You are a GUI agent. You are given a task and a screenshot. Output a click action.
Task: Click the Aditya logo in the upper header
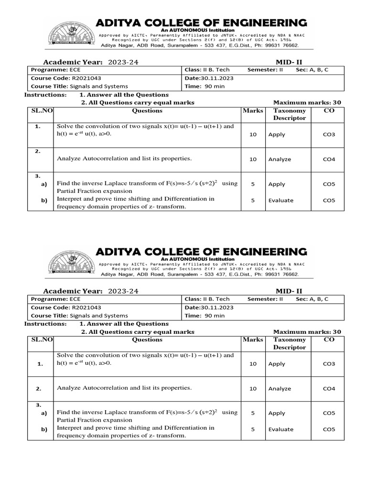70,33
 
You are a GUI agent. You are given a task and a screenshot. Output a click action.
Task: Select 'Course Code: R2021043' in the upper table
66,78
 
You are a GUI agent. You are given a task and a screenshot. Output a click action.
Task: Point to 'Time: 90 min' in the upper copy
205,86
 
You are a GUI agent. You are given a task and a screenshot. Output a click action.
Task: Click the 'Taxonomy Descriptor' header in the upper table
289,114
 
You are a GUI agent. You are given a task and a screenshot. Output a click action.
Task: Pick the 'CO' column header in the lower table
329,340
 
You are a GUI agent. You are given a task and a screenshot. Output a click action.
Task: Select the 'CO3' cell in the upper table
329,135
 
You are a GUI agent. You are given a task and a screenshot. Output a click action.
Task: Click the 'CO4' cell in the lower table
329,389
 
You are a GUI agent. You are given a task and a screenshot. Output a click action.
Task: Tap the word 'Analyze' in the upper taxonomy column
280,159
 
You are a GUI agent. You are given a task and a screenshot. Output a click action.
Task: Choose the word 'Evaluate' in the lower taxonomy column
281,429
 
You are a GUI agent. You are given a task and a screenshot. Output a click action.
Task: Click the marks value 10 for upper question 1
253,135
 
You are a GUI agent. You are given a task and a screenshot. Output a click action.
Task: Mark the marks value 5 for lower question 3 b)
253,429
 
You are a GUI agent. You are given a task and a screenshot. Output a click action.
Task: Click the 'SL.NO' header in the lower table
41,340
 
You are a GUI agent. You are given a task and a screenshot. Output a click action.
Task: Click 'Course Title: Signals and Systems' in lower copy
79,316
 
